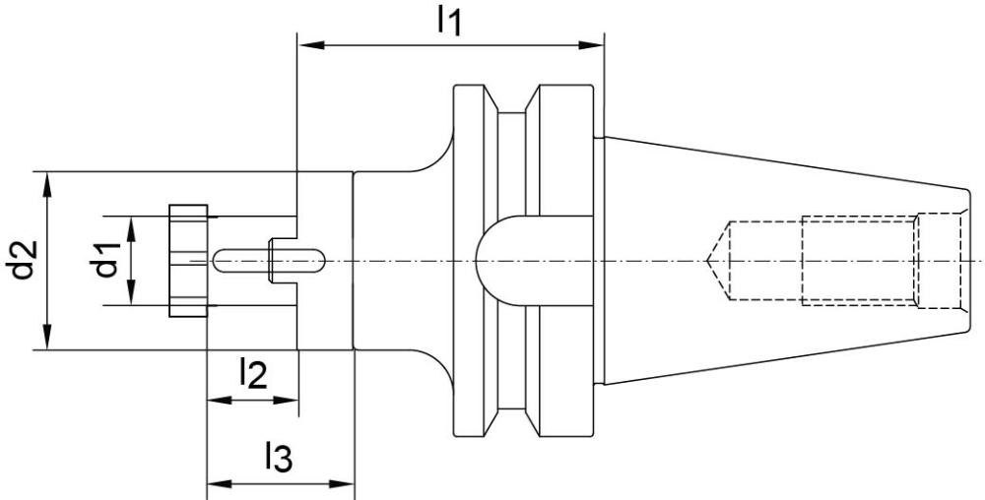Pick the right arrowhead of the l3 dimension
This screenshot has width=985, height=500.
coord(346,483)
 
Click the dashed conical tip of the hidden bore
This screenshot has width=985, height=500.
coord(717,260)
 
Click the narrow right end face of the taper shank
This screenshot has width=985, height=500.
coord(962,260)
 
